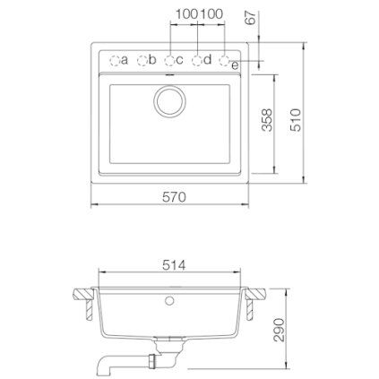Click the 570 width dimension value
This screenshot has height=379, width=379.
click(x=174, y=197)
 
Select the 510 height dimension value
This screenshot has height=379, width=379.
click(x=296, y=120)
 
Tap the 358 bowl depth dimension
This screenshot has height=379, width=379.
click(x=267, y=120)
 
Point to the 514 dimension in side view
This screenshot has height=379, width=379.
click(x=174, y=265)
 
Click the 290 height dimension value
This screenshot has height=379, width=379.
click(x=280, y=330)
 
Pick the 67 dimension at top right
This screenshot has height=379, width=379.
click(x=250, y=18)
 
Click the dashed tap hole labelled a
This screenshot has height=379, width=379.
click(x=115, y=61)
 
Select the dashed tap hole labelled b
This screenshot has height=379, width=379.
click(x=142, y=61)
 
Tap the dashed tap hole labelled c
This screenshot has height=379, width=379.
click(x=169, y=61)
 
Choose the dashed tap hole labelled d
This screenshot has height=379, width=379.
click(x=197, y=61)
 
